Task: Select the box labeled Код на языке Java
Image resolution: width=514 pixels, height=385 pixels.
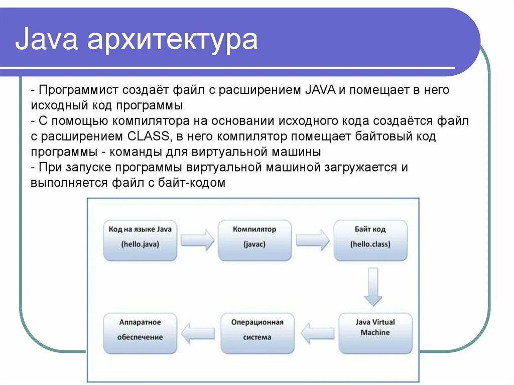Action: pos(140,240)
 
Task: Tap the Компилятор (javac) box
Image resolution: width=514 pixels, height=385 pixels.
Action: pos(254,240)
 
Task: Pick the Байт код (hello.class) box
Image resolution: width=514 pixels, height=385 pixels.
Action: pos(370,240)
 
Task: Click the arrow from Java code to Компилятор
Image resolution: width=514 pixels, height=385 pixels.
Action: pos(197,239)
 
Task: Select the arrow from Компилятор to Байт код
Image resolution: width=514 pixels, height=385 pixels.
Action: pos(313,239)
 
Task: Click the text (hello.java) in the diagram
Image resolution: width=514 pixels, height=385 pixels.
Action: pos(140,245)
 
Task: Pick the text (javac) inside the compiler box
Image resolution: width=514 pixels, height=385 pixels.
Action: pos(254,245)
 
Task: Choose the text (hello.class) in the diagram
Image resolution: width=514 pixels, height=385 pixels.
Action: pos(370,245)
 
